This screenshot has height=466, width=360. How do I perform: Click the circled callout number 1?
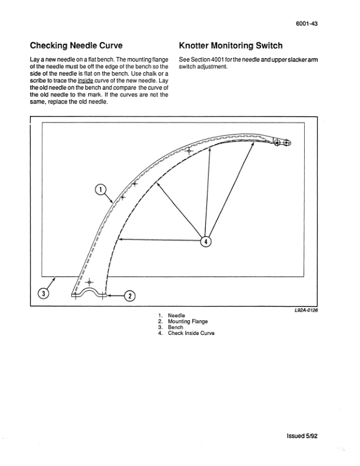pyautogui.click(x=100, y=189)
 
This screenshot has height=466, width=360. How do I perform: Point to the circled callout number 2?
pyautogui.click(x=131, y=295)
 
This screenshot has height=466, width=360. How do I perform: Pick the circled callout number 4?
pyautogui.click(x=206, y=241)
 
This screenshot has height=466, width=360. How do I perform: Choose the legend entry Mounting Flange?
pyautogui.click(x=187, y=322)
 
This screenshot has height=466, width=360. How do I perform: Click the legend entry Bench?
pyautogui.click(x=176, y=328)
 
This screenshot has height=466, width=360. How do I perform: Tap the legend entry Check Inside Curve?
pyautogui.click(x=191, y=334)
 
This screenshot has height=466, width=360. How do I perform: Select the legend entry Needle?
pyautogui.click(x=176, y=316)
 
